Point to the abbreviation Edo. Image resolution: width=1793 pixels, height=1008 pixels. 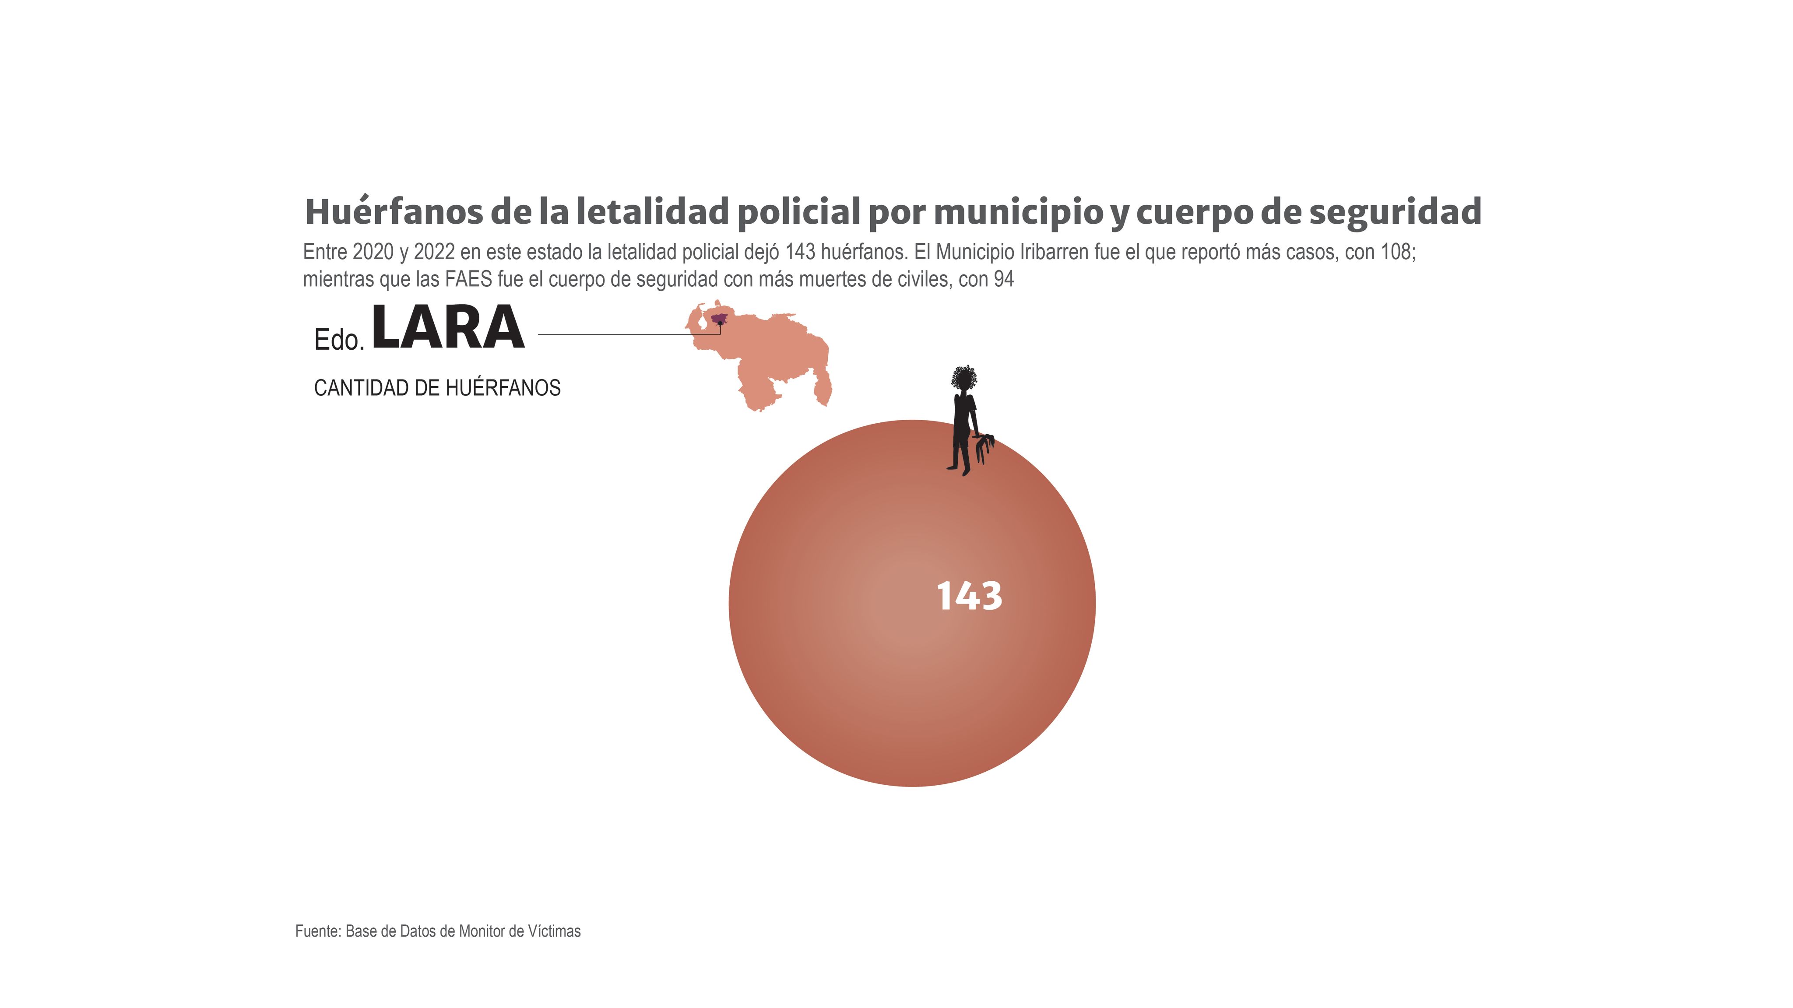(x=339, y=340)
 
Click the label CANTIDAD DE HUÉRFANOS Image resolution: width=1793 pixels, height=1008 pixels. (x=437, y=388)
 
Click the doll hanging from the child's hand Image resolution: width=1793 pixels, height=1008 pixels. (x=984, y=447)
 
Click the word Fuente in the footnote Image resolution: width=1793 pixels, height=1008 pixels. (x=316, y=931)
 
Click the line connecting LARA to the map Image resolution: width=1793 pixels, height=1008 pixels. (x=626, y=334)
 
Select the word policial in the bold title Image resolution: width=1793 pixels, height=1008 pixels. (x=798, y=212)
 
